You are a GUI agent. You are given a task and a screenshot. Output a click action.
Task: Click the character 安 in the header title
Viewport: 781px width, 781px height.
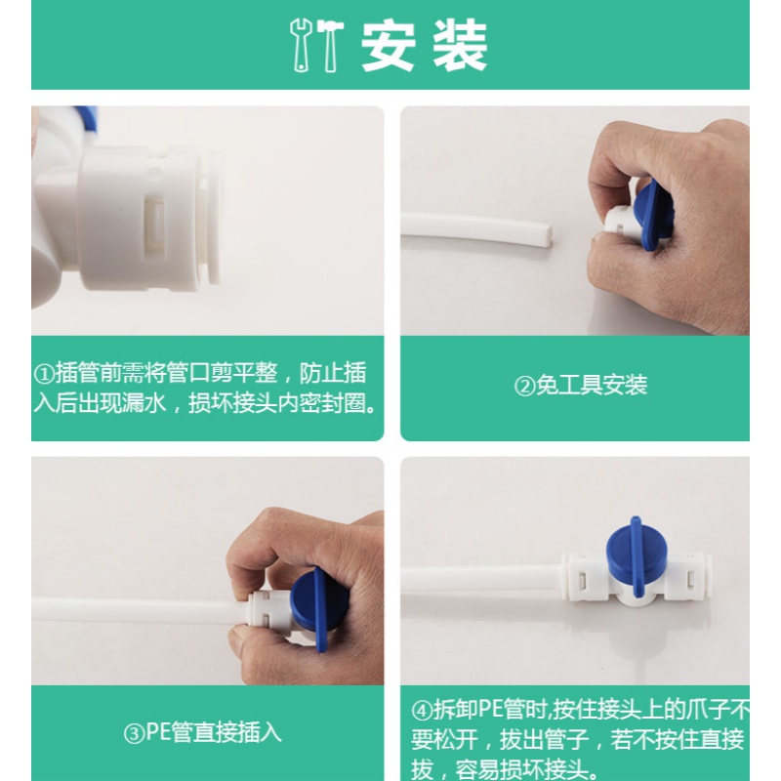point(388,44)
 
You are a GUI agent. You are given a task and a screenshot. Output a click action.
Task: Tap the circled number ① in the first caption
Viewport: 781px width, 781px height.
point(44,374)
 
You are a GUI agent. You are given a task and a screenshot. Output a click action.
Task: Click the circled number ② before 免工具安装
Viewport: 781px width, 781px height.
point(524,386)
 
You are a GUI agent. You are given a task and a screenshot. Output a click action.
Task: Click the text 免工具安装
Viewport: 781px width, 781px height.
point(592,385)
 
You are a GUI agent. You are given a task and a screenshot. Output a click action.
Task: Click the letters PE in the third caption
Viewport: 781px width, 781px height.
point(158,732)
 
